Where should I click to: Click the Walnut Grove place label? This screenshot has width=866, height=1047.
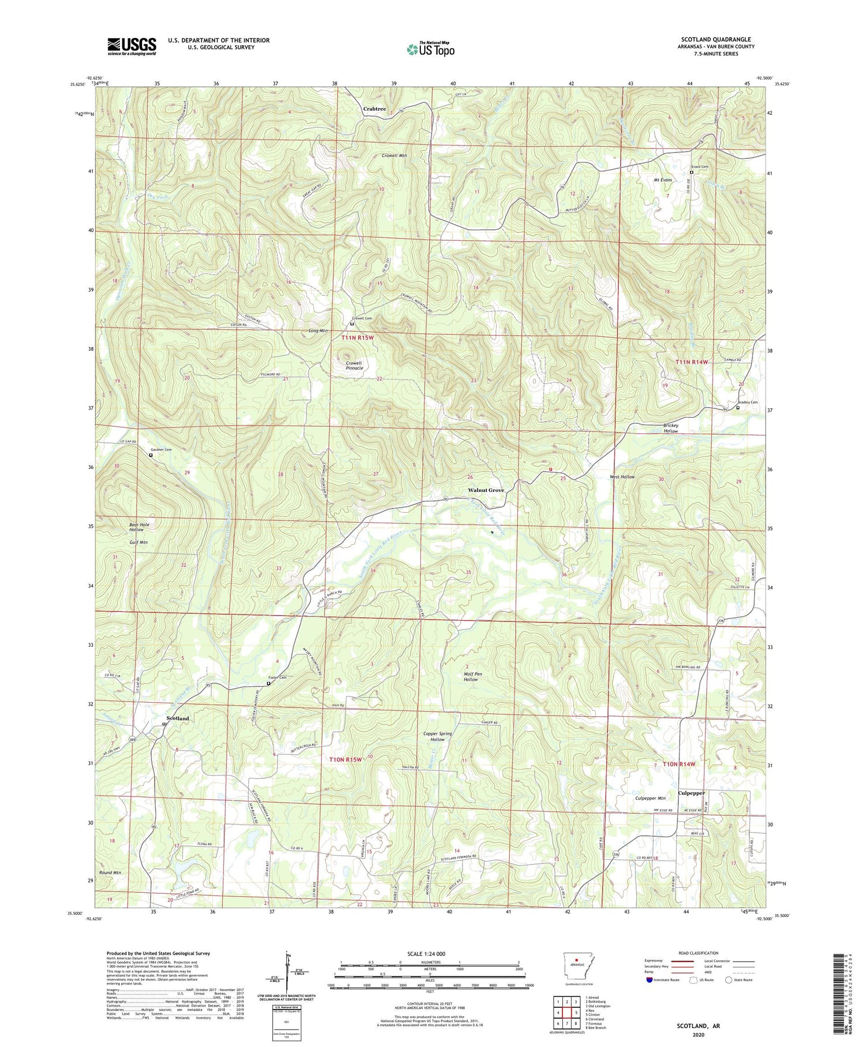click(x=486, y=490)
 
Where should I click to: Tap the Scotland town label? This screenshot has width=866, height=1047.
click(x=177, y=718)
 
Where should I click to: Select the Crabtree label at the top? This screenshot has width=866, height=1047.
click(x=375, y=109)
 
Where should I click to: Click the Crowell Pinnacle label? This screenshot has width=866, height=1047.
click(x=354, y=365)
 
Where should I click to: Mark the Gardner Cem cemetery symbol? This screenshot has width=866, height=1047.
click(x=151, y=455)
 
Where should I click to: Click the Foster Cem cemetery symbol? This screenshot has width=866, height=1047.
click(x=268, y=684)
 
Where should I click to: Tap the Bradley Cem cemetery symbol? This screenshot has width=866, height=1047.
click(x=738, y=408)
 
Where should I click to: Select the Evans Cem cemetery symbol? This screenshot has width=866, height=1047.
click(x=692, y=172)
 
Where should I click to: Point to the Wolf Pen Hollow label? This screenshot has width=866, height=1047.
click(x=471, y=676)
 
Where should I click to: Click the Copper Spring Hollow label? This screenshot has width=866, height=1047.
click(x=437, y=736)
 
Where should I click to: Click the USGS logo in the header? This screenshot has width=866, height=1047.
click(x=132, y=46)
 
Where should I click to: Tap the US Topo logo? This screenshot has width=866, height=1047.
click(x=430, y=49)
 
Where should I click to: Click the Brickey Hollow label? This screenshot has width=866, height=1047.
click(x=670, y=428)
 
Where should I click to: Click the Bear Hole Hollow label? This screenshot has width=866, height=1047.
click(x=139, y=527)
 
